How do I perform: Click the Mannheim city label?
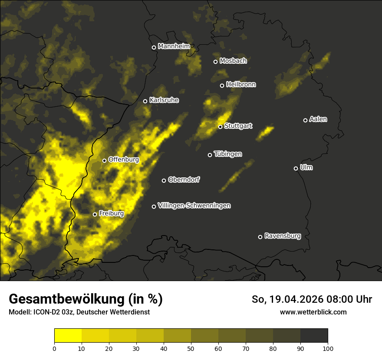click(x=174, y=46)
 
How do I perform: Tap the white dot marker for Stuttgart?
click(x=220, y=127)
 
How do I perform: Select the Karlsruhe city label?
click(x=164, y=100)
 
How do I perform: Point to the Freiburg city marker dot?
click(x=95, y=214)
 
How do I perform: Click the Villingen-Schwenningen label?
click(x=194, y=206)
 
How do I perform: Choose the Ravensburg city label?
click(x=282, y=236)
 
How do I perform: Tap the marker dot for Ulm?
click(x=296, y=168)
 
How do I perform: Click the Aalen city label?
click(x=318, y=119)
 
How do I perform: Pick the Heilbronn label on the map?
click(x=240, y=85)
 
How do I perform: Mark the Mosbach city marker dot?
click(x=215, y=62)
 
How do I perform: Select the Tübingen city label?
click(x=227, y=154)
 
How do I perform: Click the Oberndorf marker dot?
click(x=164, y=180)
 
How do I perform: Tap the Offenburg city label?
click(x=123, y=160)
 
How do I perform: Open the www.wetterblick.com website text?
click(x=313, y=312)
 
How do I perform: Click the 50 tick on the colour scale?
click(x=191, y=348)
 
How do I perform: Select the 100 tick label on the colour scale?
click(x=328, y=348)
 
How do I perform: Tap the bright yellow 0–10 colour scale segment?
click(x=68, y=335)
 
